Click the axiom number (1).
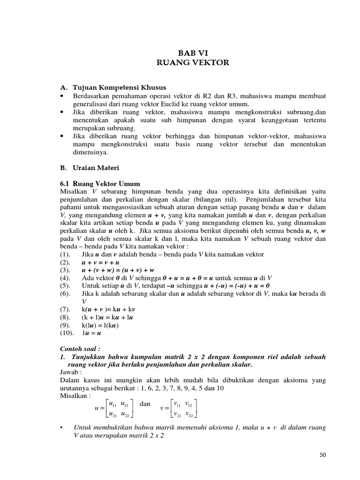[x=65, y=254]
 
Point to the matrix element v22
[x=190, y=414]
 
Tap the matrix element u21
[x=112, y=414]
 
